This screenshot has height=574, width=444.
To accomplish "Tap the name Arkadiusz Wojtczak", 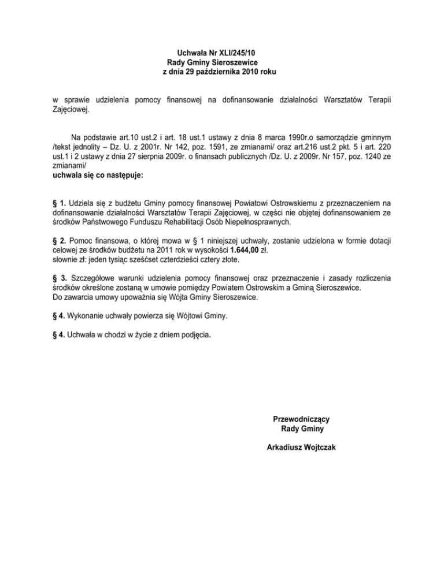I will (x=302, y=448).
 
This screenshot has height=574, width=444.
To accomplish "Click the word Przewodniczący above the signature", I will (x=301, y=419).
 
